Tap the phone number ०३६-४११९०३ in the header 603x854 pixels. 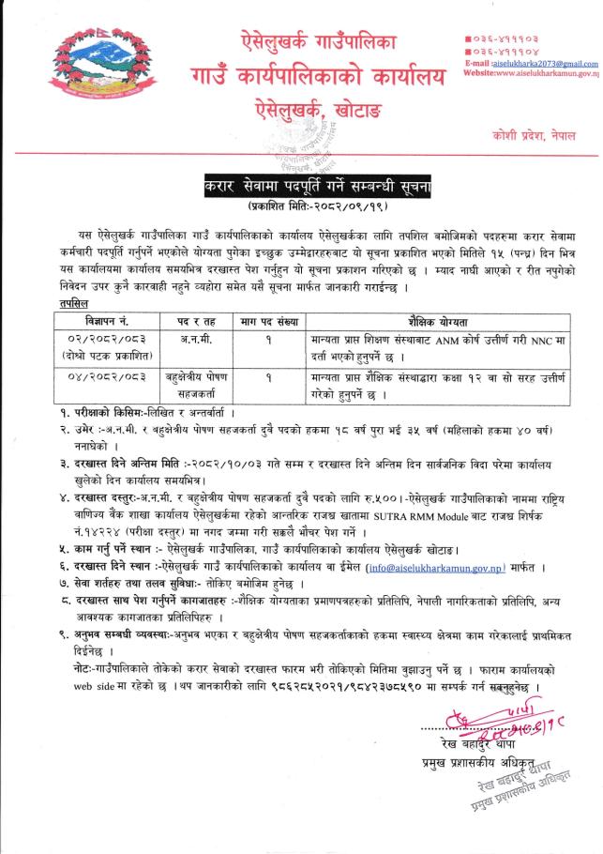(507, 37)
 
